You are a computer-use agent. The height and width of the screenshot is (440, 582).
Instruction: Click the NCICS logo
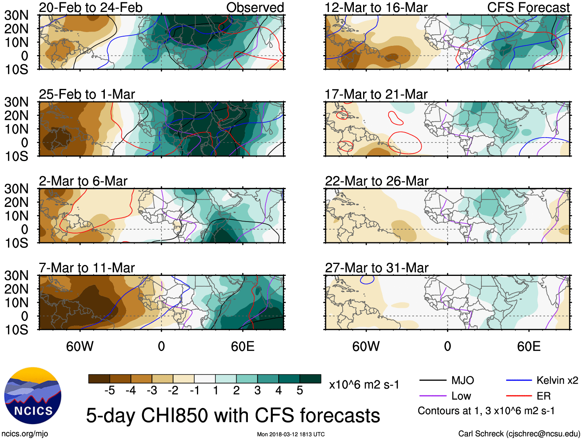click(x=33, y=396)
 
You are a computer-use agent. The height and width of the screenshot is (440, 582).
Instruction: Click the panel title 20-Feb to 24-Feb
click(x=91, y=8)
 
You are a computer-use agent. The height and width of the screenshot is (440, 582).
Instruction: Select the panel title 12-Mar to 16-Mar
click(x=376, y=8)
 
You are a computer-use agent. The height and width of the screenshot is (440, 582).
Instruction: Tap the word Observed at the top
click(x=255, y=8)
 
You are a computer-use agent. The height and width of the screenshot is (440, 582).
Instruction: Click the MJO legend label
click(x=463, y=381)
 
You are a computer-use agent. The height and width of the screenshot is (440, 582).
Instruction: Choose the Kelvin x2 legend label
click(x=557, y=381)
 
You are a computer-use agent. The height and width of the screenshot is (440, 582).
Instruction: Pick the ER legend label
click(x=543, y=396)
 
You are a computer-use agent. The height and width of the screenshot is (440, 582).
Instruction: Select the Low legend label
click(x=461, y=396)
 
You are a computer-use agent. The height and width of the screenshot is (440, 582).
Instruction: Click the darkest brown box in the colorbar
click(x=99, y=379)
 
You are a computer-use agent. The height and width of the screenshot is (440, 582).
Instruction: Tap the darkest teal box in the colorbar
click(x=310, y=379)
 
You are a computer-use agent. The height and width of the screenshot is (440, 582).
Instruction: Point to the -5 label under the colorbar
click(x=109, y=391)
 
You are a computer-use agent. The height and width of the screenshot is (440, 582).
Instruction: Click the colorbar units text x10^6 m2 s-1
click(x=364, y=385)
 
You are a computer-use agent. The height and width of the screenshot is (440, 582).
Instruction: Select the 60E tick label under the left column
click(x=242, y=346)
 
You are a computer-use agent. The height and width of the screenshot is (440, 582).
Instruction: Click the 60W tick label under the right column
click(x=366, y=346)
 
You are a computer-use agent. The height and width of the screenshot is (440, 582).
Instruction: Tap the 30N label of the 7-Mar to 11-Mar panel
click(x=16, y=275)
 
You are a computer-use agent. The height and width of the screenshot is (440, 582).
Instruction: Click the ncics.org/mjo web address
click(x=25, y=434)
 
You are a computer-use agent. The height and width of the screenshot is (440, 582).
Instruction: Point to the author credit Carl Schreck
click(x=519, y=434)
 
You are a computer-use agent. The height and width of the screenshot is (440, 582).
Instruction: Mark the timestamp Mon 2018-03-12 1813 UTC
click(x=291, y=434)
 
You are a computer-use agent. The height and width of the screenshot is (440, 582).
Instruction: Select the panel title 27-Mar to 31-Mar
click(x=377, y=268)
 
